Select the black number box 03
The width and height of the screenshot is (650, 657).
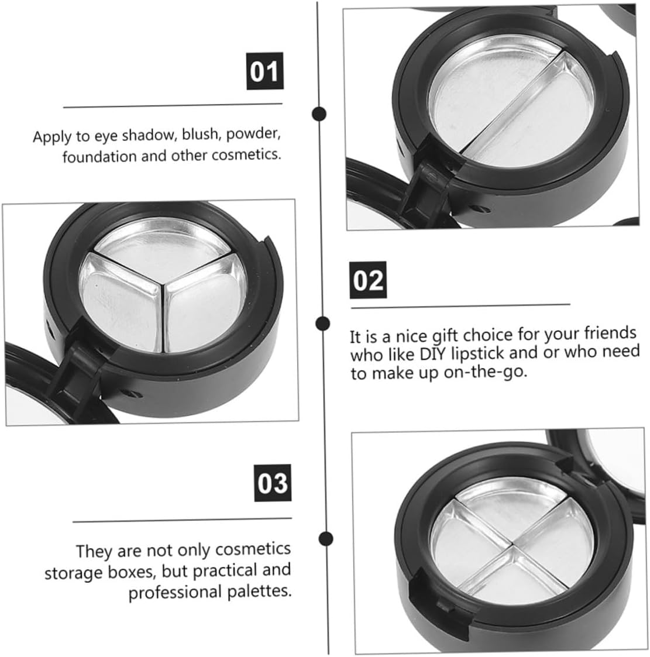(x=273, y=483)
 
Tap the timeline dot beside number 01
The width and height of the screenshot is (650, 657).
(x=319, y=113)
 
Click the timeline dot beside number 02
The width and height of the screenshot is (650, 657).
(x=321, y=323)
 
